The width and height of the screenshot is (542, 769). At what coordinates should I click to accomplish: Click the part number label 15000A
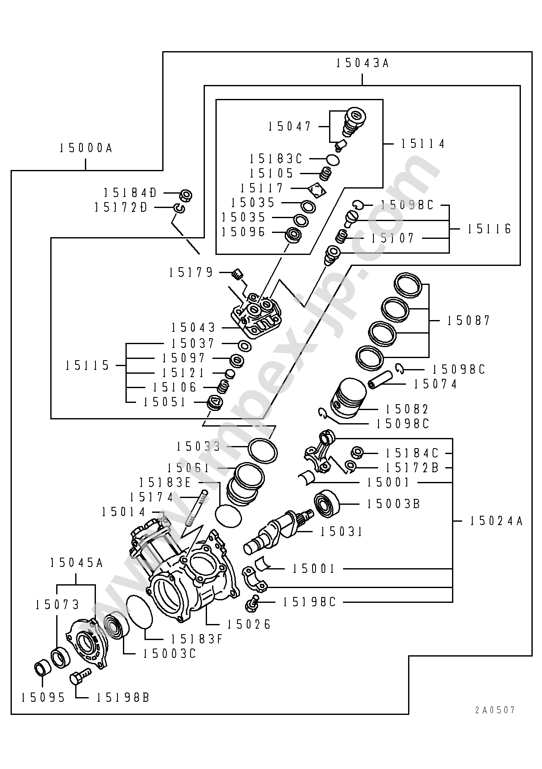86,148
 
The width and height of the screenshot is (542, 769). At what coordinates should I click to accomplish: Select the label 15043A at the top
362,63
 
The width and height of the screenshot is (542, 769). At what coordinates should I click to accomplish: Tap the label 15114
423,144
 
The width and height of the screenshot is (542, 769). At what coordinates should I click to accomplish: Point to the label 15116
489,229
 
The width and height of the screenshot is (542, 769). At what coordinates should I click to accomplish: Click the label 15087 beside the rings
469,320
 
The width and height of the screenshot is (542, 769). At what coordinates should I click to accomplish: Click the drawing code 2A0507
495,710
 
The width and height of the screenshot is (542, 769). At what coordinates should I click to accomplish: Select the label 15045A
76,563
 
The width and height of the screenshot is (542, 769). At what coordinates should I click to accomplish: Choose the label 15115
87,365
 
